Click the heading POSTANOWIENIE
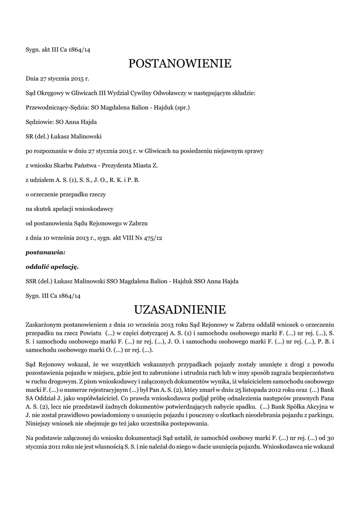coord(180,63)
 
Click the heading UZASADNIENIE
coord(180,310)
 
